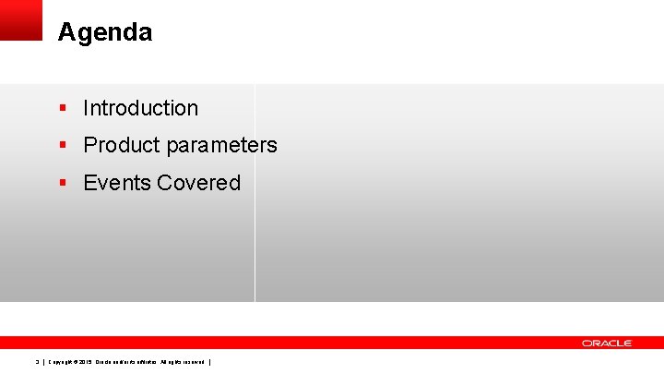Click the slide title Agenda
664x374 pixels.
pyautogui.click(x=104, y=33)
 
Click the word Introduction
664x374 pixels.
pyautogui.click(x=140, y=108)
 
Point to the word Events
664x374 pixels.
pyautogui.click(x=117, y=183)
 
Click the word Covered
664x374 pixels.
pyautogui.click(x=198, y=183)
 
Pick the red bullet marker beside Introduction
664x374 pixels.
pyautogui.click(x=63, y=108)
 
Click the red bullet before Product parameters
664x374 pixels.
pyautogui.click(x=63, y=145)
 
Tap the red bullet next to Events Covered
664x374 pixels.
pyautogui.click(x=63, y=183)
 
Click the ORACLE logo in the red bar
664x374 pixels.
pyautogui.click(x=607, y=344)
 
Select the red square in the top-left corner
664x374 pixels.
pyautogui.click(x=21, y=19)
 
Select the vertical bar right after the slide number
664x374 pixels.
pyautogui.click(x=43, y=361)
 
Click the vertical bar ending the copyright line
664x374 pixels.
pyautogui.click(x=211, y=361)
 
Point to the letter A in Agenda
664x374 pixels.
pyautogui.click(x=65, y=33)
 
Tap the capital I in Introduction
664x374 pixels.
pyautogui.click(x=86, y=108)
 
